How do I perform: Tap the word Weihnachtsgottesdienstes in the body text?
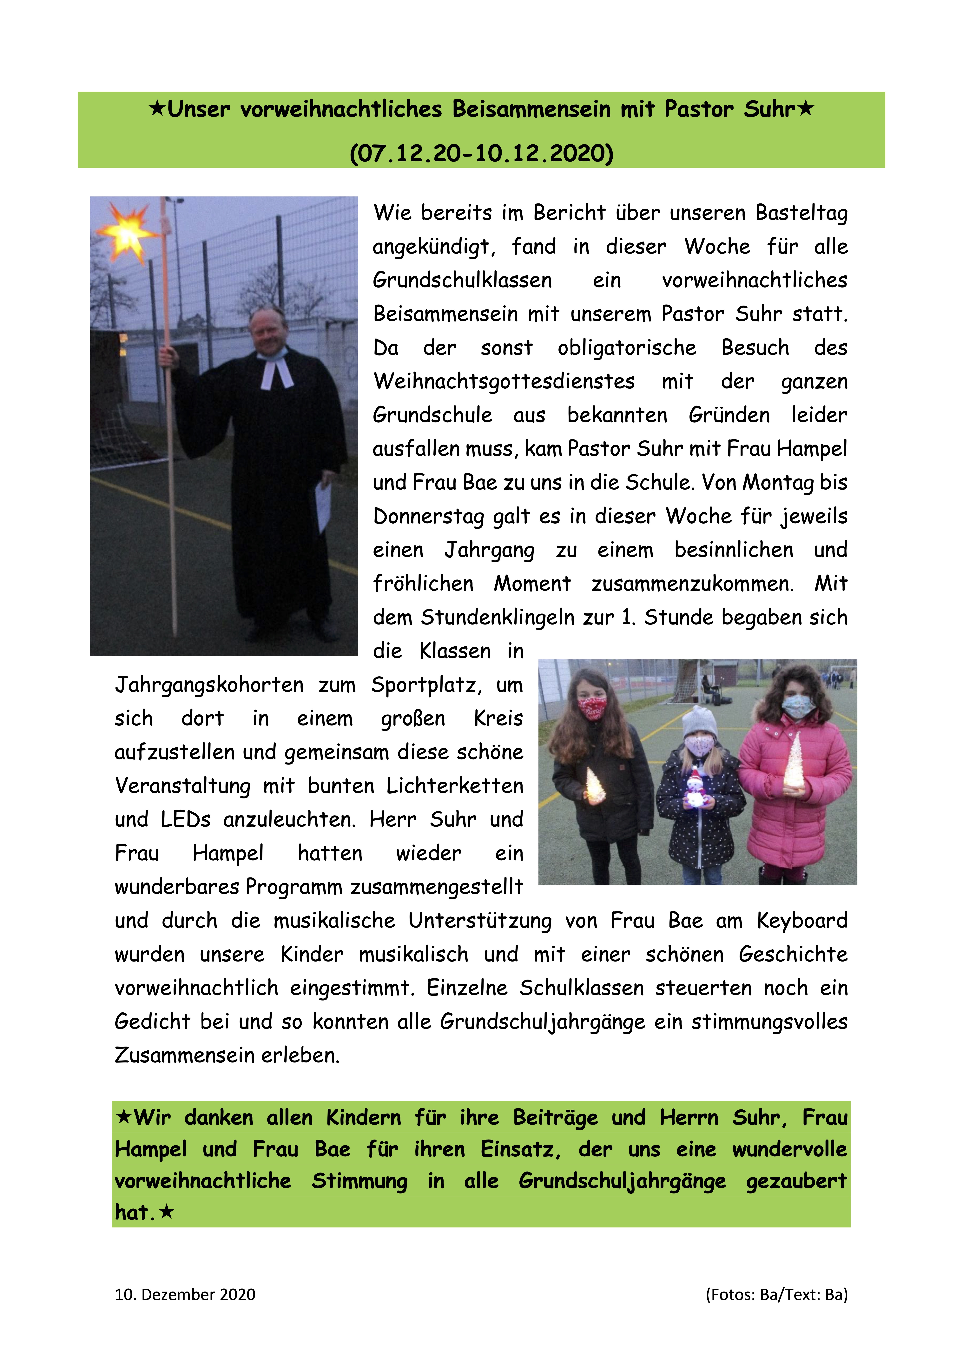(504, 381)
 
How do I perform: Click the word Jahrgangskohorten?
(209, 685)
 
